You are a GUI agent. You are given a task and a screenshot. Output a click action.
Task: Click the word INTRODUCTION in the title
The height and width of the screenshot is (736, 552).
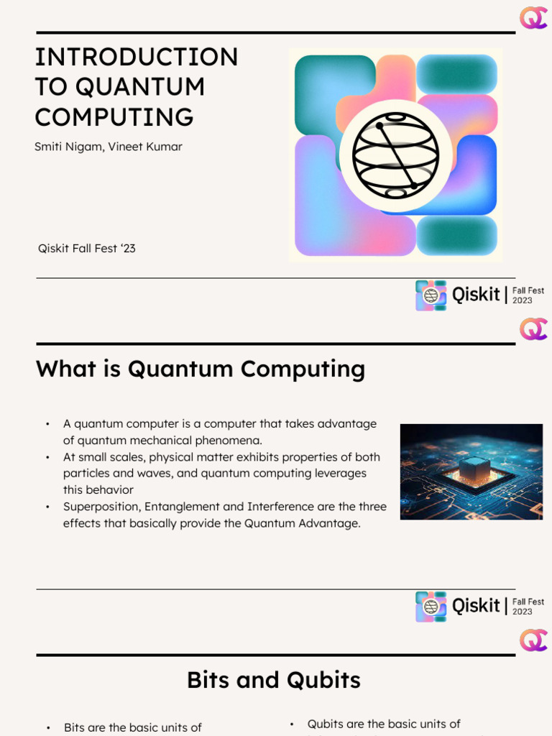[137, 57]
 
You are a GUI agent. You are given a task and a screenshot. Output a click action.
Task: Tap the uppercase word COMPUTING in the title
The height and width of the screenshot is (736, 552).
[114, 117]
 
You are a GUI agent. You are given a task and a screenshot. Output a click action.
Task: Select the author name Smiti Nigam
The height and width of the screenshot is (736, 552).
[68, 147]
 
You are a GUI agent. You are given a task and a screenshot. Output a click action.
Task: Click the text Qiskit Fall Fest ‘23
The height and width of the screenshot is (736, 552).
[87, 249]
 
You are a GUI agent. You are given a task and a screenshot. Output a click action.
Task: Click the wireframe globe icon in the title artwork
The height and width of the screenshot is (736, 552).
[395, 155]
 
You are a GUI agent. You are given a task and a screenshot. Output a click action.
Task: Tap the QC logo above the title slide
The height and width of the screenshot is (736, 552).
[533, 18]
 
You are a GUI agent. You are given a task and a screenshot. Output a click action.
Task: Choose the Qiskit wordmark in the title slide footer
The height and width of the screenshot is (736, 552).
[476, 295]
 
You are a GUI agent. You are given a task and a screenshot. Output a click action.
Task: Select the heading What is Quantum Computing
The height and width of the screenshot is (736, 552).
[201, 369]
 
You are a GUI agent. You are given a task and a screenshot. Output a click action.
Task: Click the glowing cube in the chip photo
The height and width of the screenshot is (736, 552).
[474, 469]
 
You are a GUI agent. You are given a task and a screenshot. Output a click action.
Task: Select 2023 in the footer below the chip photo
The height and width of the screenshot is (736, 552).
[523, 612]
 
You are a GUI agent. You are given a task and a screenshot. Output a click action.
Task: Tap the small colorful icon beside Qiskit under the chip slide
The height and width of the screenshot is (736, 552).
[431, 606]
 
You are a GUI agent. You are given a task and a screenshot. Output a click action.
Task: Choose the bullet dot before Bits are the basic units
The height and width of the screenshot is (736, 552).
[47, 728]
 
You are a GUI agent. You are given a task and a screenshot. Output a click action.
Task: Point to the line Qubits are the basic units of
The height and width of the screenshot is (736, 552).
[384, 724]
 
